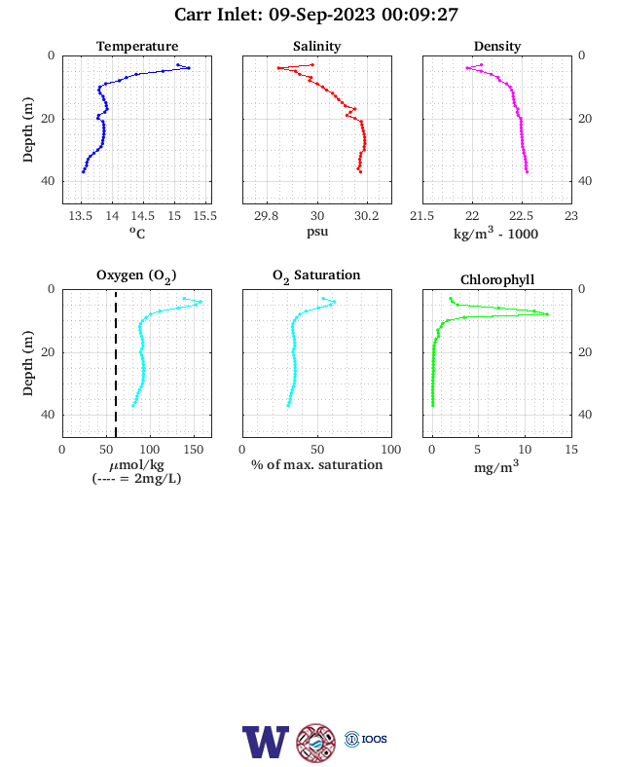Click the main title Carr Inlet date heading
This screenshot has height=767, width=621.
316,15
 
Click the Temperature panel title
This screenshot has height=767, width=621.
137,47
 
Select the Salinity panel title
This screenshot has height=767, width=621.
317,46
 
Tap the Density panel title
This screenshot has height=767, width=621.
497,47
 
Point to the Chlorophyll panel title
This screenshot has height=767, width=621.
497,279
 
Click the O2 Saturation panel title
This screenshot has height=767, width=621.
316,275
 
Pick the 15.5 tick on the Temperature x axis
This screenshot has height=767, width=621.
204,216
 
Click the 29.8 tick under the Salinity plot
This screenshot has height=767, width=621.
266,216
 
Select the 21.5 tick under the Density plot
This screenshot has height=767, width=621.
422,216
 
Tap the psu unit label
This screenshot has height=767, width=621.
317,232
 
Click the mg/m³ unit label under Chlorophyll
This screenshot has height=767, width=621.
495,466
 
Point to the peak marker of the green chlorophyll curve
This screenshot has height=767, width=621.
547,314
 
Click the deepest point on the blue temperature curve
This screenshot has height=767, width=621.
83,171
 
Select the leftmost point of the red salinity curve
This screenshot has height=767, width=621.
278,68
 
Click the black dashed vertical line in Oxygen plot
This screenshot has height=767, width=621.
116,363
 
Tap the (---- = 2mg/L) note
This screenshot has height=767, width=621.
136,478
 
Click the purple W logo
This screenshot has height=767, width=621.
266,742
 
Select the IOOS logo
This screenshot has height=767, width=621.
366,739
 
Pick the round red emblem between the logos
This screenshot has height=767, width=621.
316,743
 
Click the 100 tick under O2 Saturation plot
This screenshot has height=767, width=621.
391,450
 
